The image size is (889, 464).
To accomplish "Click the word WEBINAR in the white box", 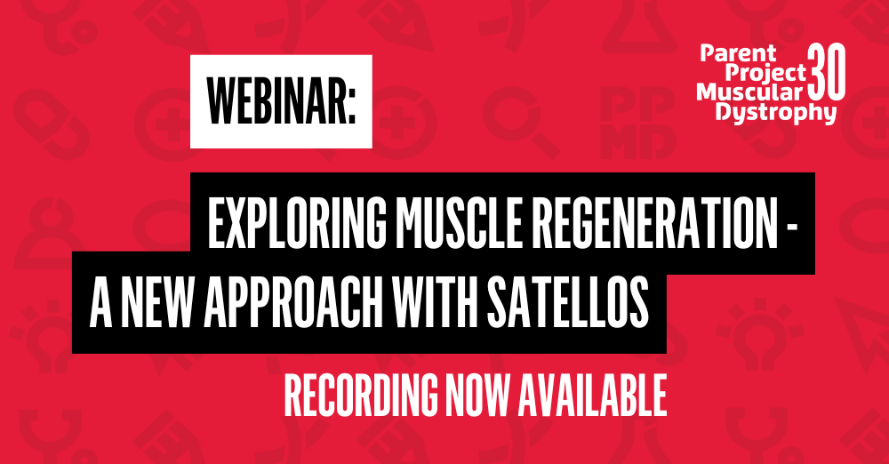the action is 276,102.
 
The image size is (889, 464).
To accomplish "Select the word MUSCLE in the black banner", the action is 458,224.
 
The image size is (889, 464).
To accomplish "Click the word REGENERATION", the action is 654,224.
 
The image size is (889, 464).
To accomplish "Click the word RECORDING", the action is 361,395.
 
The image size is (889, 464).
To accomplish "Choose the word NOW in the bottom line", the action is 477,395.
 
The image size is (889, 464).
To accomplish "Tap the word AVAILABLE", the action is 591,395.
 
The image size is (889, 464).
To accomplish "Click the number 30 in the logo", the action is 827,71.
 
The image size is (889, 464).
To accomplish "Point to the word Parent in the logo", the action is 738,53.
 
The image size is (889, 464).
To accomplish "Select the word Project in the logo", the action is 765,73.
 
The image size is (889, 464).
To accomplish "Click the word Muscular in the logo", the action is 749,92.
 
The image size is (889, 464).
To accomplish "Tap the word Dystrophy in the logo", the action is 775,112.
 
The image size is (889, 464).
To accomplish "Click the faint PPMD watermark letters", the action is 637,123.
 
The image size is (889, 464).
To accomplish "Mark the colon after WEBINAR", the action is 351,106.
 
